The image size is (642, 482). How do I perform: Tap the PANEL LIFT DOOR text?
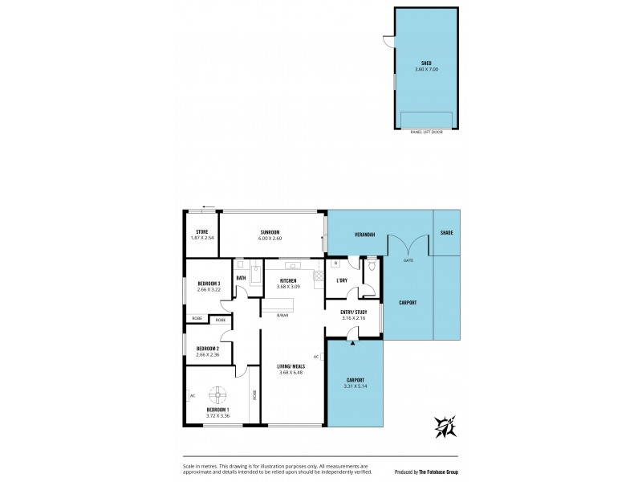click(426, 132)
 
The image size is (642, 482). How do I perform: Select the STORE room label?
click(202, 231)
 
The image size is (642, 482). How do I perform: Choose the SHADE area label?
click(447, 233)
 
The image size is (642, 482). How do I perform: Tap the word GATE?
click(408, 260)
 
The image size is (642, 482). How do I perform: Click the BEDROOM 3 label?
click(208, 281)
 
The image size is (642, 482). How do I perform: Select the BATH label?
click(241, 278)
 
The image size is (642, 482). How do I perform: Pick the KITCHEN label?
click(287, 281)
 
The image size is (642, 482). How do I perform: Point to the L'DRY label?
click(341, 280)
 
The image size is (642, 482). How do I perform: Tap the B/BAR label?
click(282, 315)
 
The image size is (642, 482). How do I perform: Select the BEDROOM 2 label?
click(208, 348)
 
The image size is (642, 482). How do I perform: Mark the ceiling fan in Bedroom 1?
click(217, 394)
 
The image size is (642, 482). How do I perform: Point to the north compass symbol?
click(445, 427)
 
